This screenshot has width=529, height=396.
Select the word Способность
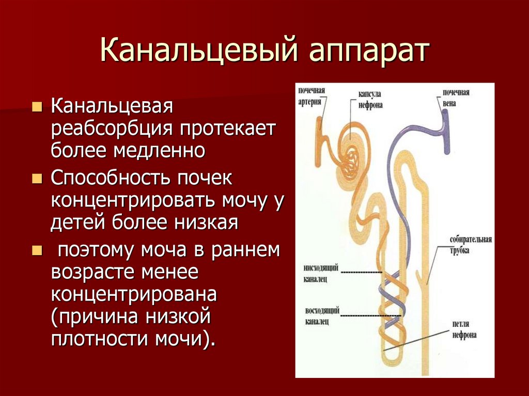[x=108, y=178]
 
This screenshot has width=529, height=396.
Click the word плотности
[x=98, y=340]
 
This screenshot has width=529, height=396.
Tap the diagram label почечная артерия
[x=312, y=96]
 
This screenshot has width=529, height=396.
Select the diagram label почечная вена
[x=455, y=98]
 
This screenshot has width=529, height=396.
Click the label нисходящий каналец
[x=314, y=273]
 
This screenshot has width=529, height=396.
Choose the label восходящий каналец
[x=313, y=315]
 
